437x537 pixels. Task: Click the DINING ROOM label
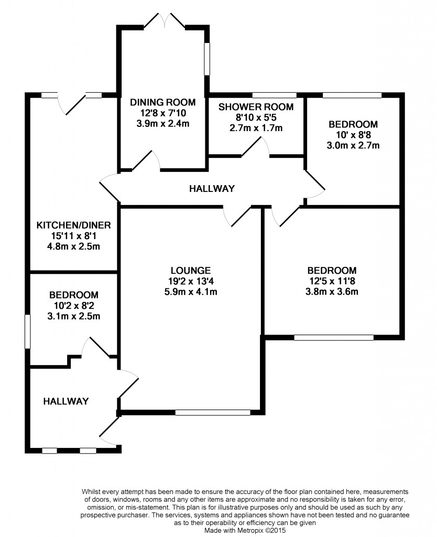pyautogui.click(x=163, y=102)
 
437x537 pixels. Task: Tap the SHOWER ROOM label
pyautogui.click(x=256, y=107)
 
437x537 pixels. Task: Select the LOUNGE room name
pyautogui.click(x=191, y=271)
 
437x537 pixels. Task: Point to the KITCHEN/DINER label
pyautogui.click(x=73, y=225)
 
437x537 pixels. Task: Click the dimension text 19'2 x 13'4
pyautogui.click(x=191, y=281)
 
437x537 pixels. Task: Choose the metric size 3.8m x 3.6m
pyautogui.click(x=332, y=292)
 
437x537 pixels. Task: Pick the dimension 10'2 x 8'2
pyautogui.click(x=73, y=306)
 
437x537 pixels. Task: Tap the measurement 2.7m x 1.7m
pyautogui.click(x=256, y=128)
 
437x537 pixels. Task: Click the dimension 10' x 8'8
pyautogui.click(x=353, y=135)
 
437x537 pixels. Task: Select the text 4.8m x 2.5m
pyautogui.click(x=73, y=246)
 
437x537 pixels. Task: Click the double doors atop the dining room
pyautogui.click(x=165, y=21)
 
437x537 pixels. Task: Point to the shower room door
pyautogui.click(x=256, y=147)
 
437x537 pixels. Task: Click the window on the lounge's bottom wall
pyautogui.click(x=213, y=413)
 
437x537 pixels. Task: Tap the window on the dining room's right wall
pyautogui.click(x=206, y=59)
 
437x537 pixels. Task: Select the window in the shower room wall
pyautogui.click(x=275, y=95)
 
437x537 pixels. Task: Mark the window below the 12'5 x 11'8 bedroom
pyautogui.click(x=334, y=338)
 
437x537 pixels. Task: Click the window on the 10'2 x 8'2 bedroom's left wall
pyautogui.click(x=28, y=332)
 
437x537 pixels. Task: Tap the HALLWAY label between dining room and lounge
pyautogui.click(x=212, y=189)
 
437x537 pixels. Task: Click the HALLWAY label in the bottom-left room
pyautogui.click(x=66, y=401)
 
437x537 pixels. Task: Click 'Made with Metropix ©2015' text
pyautogui.click(x=245, y=530)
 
